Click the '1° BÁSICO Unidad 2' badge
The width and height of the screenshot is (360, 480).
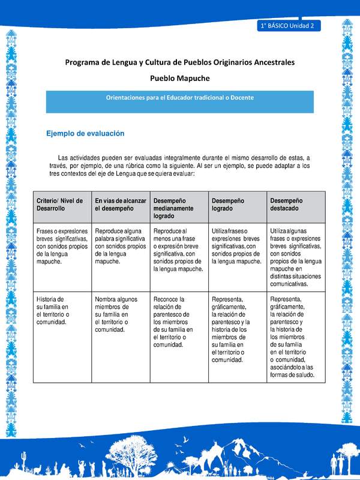tap(289, 26)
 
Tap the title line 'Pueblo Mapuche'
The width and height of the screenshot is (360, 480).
tap(180, 78)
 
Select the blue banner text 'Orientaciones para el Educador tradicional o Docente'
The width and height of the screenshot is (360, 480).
tap(180, 97)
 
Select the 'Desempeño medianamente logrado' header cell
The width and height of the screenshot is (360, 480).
tap(178, 208)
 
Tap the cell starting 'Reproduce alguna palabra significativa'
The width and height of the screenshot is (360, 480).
tap(121, 246)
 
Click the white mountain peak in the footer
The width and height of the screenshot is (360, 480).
tap(239, 443)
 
